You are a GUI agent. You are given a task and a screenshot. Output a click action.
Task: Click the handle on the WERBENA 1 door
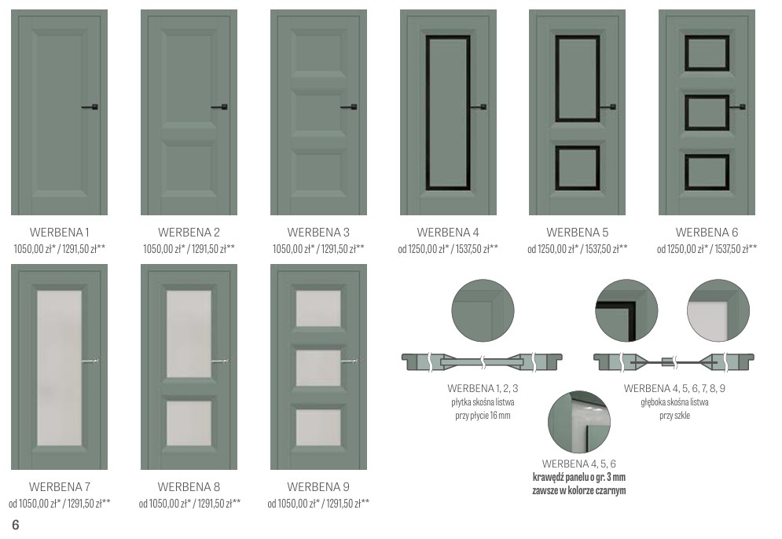coord(90,107)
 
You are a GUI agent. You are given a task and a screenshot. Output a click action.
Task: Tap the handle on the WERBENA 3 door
coord(349,107)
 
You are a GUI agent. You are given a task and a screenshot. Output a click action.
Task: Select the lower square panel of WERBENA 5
coord(578,168)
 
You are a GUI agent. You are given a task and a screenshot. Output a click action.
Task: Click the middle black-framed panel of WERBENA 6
coord(707,112)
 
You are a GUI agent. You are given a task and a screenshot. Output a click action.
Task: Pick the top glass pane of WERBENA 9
coord(318,308)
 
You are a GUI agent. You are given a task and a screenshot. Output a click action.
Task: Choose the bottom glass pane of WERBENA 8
coord(189,423)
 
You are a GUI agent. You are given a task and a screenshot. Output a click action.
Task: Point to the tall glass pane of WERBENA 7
coord(60,368)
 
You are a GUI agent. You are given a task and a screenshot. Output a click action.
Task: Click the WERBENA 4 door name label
coord(448,233)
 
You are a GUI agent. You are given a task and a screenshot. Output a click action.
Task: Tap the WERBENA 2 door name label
coord(189,233)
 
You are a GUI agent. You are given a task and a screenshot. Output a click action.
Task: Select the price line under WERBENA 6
coord(707,249)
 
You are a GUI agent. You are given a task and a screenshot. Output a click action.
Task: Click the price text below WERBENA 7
coord(60,504)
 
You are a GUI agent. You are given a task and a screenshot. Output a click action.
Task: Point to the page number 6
coord(16,525)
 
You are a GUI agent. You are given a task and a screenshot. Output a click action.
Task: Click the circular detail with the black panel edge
coord(626,310)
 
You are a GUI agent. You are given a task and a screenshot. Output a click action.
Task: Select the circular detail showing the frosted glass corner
coord(718,310)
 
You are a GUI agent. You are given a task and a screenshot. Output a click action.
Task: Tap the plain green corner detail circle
coord(483,310)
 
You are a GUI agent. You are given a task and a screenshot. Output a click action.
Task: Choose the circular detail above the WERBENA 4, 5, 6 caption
coord(579,422)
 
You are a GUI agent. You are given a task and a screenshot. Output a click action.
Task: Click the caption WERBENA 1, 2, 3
coord(483,388)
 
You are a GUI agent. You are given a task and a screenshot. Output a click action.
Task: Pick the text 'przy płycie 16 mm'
coord(483,416)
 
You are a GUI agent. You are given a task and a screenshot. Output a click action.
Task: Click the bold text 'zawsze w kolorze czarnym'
coord(579,490)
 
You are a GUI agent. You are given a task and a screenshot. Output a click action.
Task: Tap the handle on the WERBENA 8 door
coord(220,361)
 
